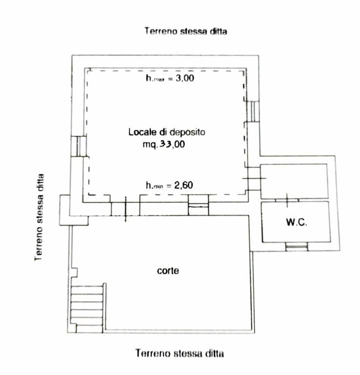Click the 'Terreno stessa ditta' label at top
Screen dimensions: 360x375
186,31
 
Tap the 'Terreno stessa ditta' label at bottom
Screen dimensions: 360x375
180,353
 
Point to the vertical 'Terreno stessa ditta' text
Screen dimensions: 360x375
39,217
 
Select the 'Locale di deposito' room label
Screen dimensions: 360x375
167,132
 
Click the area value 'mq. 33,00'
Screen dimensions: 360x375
163,144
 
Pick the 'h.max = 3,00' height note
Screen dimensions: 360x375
170,78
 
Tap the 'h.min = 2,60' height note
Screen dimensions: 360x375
169,185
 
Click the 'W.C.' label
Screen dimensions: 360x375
297,222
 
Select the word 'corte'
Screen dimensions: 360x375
168,271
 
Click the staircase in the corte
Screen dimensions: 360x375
88,308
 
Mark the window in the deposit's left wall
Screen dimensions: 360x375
79,146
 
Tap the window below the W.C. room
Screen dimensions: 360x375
297,247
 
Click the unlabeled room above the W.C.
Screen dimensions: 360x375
294,181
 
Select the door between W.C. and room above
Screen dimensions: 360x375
287,200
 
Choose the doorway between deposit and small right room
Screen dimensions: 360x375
254,178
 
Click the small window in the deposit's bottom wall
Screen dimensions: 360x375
198,205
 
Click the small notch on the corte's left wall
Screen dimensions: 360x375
74,272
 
